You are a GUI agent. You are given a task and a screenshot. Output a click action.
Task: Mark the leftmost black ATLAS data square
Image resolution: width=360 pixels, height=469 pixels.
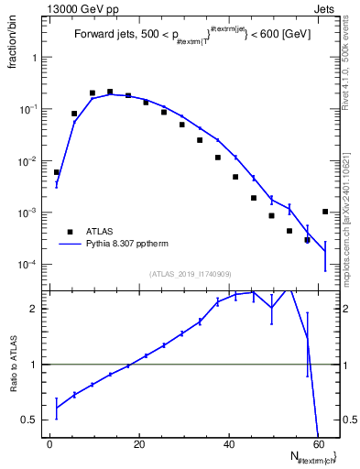(57, 172)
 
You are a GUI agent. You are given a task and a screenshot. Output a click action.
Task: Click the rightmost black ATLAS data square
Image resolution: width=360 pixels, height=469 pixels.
(325, 212)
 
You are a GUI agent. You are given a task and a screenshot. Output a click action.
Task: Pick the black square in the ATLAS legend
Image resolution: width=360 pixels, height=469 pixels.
(70, 232)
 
